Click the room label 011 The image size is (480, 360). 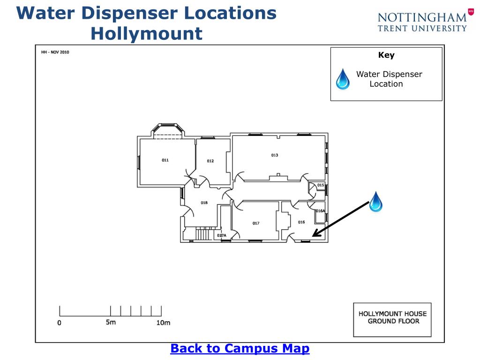point(165,160)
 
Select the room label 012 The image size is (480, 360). point(210,161)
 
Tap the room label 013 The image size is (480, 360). point(275,155)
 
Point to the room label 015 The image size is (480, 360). point(321,185)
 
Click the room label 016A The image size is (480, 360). point(320,211)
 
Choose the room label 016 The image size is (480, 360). point(301,222)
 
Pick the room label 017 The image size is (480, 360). point(256,224)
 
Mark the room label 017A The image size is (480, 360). point(222,235)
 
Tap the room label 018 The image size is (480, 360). point(204,203)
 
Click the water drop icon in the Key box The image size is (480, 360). point(343,79)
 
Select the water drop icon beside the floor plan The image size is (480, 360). point(375,202)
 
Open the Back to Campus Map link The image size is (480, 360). point(240,349)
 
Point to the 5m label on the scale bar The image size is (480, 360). point(111,322)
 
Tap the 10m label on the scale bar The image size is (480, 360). point(163,322)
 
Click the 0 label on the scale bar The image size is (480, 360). point(59,323)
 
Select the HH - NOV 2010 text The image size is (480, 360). point(55,52)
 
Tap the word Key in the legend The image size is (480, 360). point(386,55)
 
